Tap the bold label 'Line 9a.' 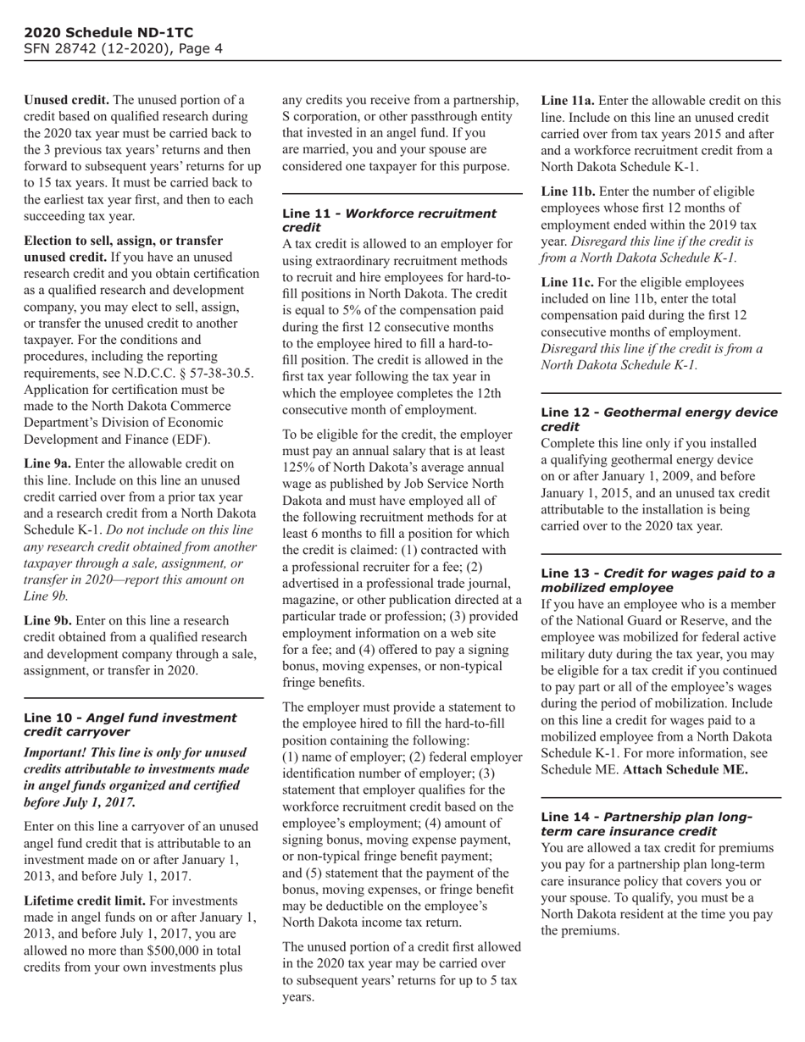pyautogui.click(x=47, y=463)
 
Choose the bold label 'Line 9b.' pyautogui.click(x=47, y=621)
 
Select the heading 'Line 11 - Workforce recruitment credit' pyautogui.click(x=389, y=220)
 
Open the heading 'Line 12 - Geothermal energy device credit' pyautogui.click(x=658, y=419)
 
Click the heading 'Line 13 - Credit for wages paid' pyautogui.click(x=657, y=580)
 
